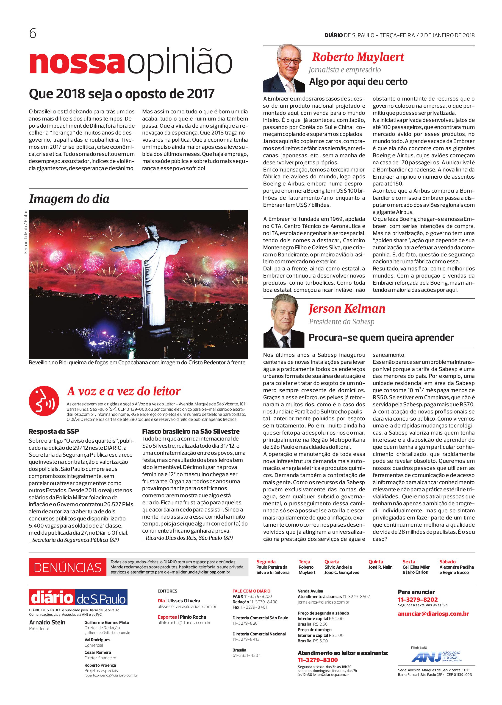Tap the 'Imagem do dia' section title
point(69,199)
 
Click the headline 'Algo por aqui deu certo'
point(358,82)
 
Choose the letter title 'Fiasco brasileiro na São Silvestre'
point(191,431)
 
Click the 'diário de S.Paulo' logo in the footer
point(78,597)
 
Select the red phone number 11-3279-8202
point(418,599)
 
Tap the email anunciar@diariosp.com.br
point(433,614)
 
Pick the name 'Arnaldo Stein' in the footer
point(47,622)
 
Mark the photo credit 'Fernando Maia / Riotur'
point(26,232)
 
